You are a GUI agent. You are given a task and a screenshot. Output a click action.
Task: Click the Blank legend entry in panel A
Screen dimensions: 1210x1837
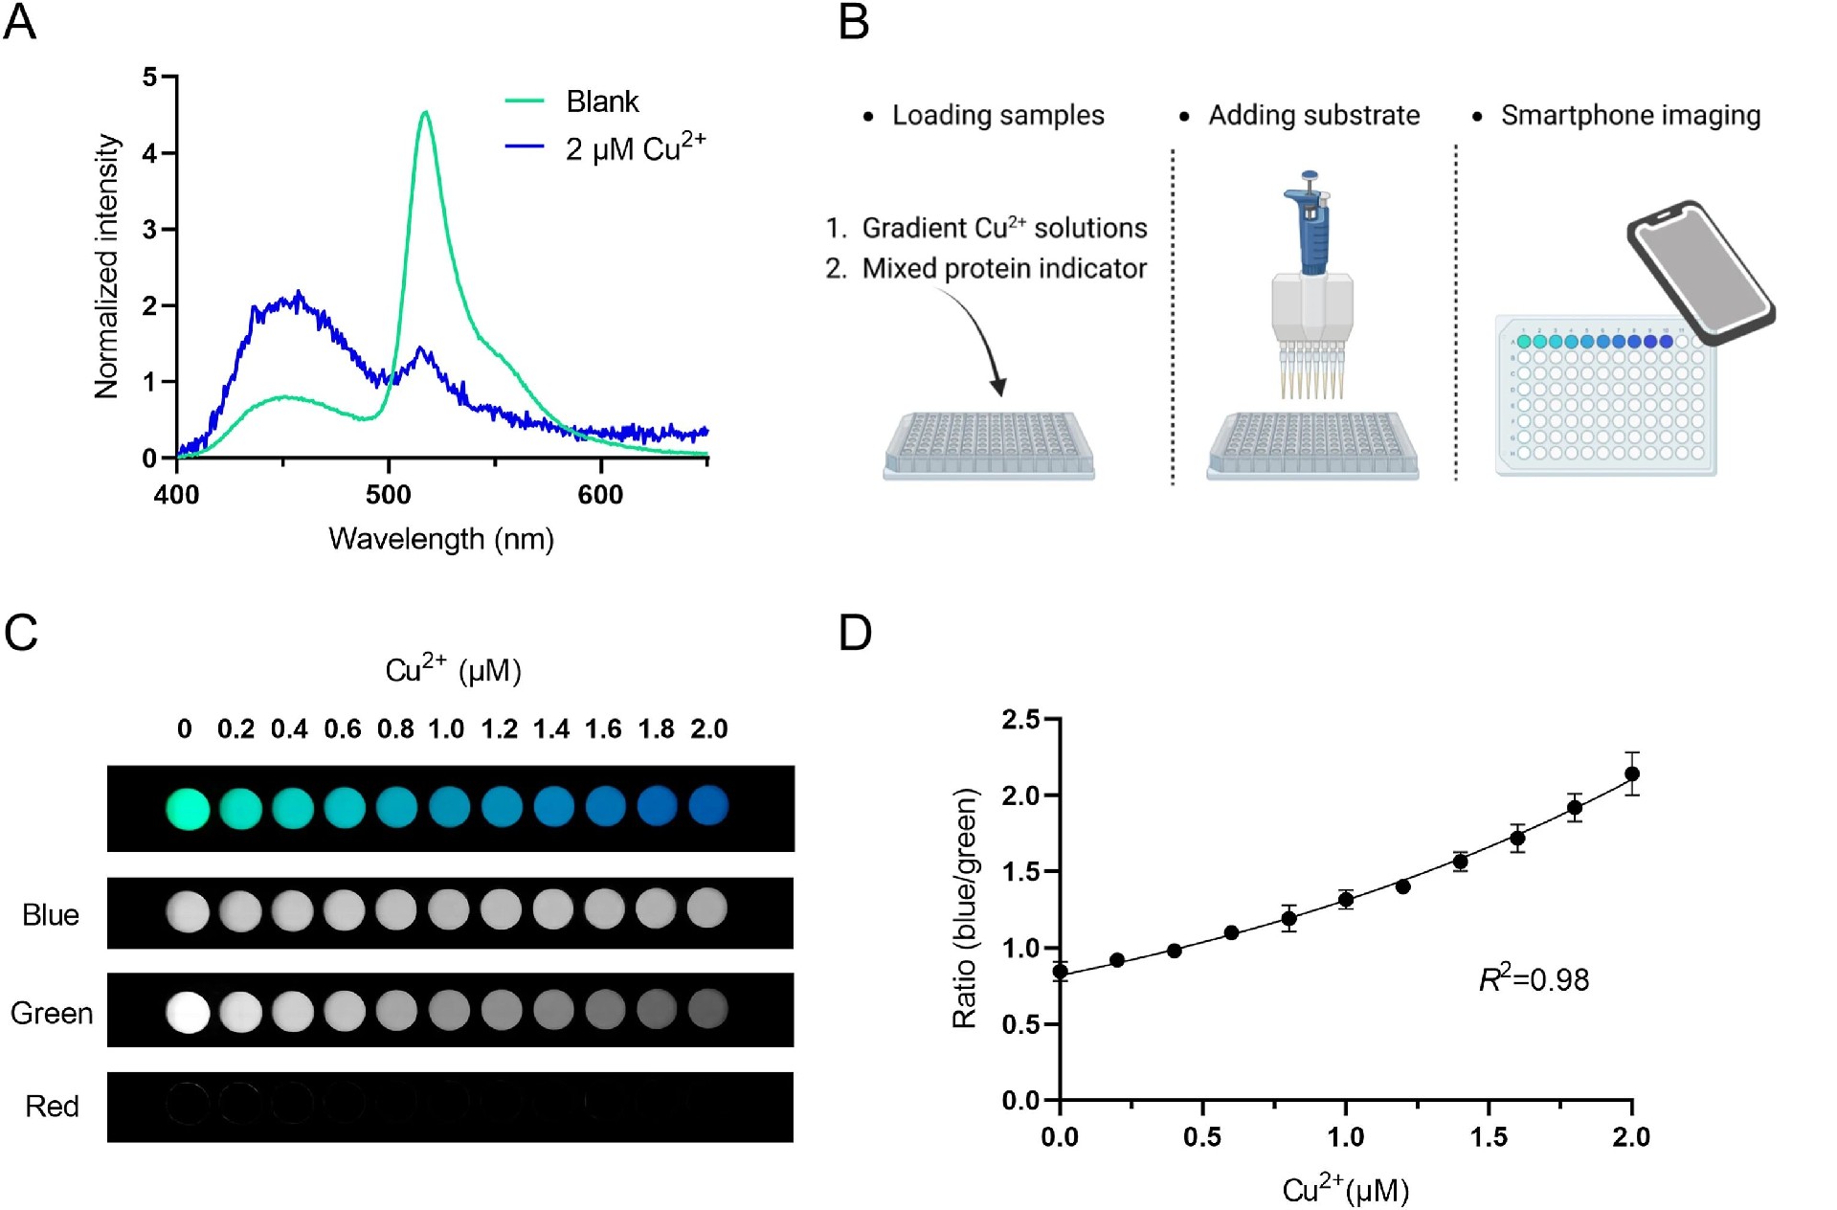click(x=600, y=101)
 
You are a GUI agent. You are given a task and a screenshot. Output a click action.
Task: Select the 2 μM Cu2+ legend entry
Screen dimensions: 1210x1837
click(x=634, y=148)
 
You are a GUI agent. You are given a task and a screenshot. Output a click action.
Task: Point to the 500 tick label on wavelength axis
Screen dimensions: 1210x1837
click(x=388, y=495)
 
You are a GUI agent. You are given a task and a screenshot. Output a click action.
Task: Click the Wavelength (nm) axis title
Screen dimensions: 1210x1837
click(x=441, y=539)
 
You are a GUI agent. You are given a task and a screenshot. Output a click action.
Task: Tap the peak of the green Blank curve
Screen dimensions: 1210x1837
click(x=425, y=113)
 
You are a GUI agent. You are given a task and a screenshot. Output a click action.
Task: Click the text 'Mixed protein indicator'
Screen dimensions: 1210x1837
click(x=1003, y=268)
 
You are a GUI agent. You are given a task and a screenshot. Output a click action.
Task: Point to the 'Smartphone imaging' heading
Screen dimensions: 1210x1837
click(x=1629, y=115)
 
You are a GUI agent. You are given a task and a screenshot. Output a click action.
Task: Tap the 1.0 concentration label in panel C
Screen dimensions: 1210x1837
click(x=446, y=729)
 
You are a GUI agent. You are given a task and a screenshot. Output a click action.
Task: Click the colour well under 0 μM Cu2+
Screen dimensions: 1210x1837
click(x=188, y=808)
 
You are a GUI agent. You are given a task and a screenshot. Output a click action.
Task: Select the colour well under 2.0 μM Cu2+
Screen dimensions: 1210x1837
click(x=708, y=805)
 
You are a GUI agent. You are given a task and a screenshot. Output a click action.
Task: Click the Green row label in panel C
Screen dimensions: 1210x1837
click(x=52, y=1013)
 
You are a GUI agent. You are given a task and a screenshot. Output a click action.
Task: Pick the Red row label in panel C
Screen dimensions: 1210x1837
click(x=52, y=1107)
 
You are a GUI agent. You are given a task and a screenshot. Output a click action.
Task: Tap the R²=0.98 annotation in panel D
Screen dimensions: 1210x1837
click(x=1534, y=979)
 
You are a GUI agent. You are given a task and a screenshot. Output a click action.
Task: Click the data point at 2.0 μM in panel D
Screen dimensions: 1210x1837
click(x=1632, y=773)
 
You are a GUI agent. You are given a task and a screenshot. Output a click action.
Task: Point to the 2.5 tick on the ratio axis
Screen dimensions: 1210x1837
click(x=1020, y=719)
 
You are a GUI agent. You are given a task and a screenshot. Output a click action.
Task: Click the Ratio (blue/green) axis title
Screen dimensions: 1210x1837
click(x=965, y=907)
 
